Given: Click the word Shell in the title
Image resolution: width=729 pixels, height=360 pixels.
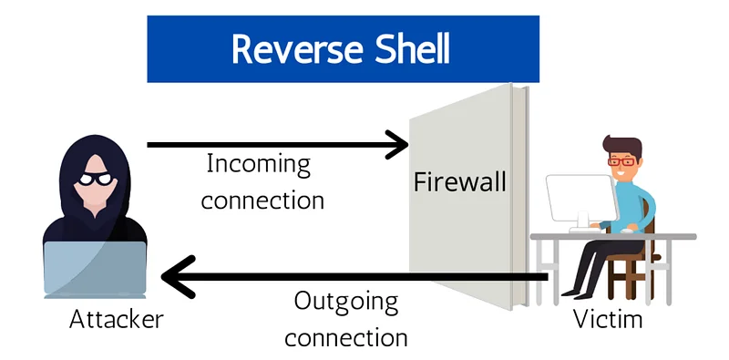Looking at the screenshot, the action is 413,48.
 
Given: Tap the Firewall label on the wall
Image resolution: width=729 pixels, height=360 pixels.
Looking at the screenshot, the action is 460,182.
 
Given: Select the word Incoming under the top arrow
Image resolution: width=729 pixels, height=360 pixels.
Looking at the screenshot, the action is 259,165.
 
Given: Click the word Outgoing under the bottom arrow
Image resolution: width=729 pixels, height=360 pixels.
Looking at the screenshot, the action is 346,303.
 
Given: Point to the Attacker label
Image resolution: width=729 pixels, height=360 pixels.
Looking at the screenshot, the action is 117,320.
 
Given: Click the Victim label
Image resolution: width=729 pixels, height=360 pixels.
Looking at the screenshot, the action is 608,319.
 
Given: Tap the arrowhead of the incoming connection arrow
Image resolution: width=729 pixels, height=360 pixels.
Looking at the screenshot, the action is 397,145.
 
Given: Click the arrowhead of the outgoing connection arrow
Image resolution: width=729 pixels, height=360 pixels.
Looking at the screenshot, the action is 177,277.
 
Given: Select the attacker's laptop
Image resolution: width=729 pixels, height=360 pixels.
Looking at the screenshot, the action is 95,269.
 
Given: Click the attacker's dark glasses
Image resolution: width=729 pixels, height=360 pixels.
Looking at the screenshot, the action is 95,179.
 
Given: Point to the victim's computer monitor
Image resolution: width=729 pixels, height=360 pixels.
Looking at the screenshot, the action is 581,199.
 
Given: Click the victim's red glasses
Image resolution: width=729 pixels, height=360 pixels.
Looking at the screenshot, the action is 621,162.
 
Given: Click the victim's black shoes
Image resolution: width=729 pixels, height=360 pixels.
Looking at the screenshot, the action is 575,294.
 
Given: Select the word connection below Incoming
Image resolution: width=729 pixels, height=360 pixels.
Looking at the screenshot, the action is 262,201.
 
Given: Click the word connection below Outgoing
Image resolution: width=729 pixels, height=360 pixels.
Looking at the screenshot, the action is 346,338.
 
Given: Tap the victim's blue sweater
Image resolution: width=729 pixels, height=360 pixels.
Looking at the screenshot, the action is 633,206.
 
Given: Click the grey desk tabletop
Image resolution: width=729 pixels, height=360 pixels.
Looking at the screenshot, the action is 613,237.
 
